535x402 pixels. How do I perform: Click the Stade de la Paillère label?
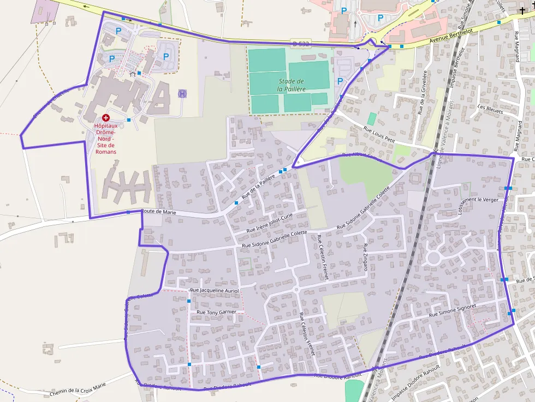tap(290, 85)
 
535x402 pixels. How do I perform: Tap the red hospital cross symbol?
tap(105, 117)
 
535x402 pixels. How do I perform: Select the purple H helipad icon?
tap(182, 94)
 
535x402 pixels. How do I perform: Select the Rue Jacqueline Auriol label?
tap(215, 290)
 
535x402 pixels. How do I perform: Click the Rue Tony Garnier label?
tap(216, 312)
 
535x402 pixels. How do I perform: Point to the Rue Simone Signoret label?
tap(453, 310)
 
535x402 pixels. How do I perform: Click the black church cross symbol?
tap(523, 10)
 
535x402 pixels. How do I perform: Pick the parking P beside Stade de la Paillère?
tap(341, 81)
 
